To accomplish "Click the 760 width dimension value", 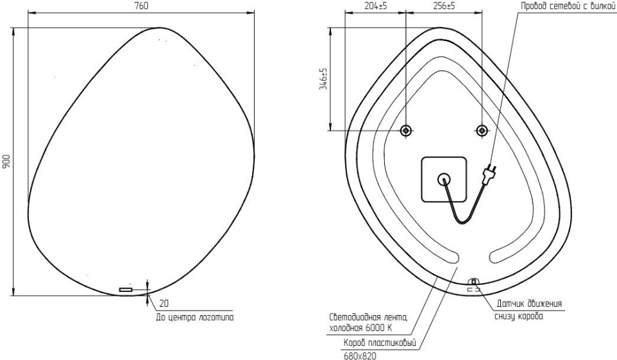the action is pyautogui.click(x=142, y=6).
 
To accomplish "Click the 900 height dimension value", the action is pyautogui.click(x=6, y=162).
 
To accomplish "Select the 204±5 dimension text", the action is pyautogui.click(x=376, y=6).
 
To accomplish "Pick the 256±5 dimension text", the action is pyautogui.click(x=444, y=6).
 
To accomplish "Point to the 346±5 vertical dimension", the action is pyautogui.click(x=323, y=79).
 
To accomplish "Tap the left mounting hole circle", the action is pyautogui.click(x=406, y=130).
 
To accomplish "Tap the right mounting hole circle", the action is pyautogui.click(x=482, y=130).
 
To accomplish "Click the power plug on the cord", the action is pyautogui.click(x=489, y=174).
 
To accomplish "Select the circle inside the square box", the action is pyautogui.click(x=444, y=180).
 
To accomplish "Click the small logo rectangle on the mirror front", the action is pyautogui.click(x=126, y=290).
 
